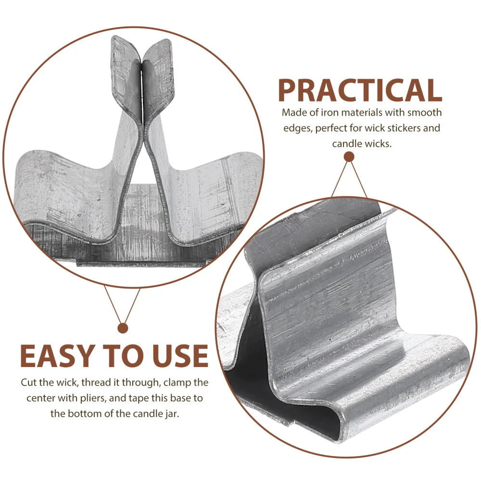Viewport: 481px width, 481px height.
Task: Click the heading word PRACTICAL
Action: pos(360,90)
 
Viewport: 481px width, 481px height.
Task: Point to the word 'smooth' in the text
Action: pos(425,113)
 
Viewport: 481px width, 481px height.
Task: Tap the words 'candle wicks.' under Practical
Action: pos(362,143)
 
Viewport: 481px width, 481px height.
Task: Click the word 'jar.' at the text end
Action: pos(172,414)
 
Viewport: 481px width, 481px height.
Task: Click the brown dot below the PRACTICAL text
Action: pos(349,157)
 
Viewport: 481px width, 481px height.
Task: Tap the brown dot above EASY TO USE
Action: pos(123,328)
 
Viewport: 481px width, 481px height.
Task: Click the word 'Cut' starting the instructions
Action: pos(28,382)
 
